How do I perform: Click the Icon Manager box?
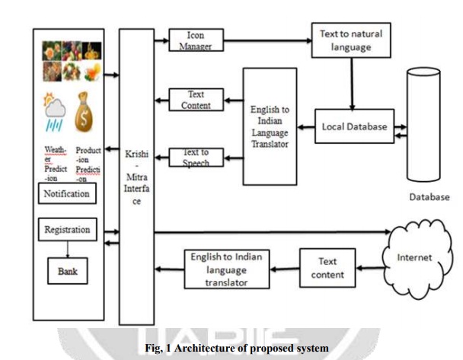pyautogui.click(x=192, y=40)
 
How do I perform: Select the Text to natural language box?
pyautogui.click(x=352, y=38)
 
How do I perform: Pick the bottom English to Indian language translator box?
pyautogui.click(x=227, y=269)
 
